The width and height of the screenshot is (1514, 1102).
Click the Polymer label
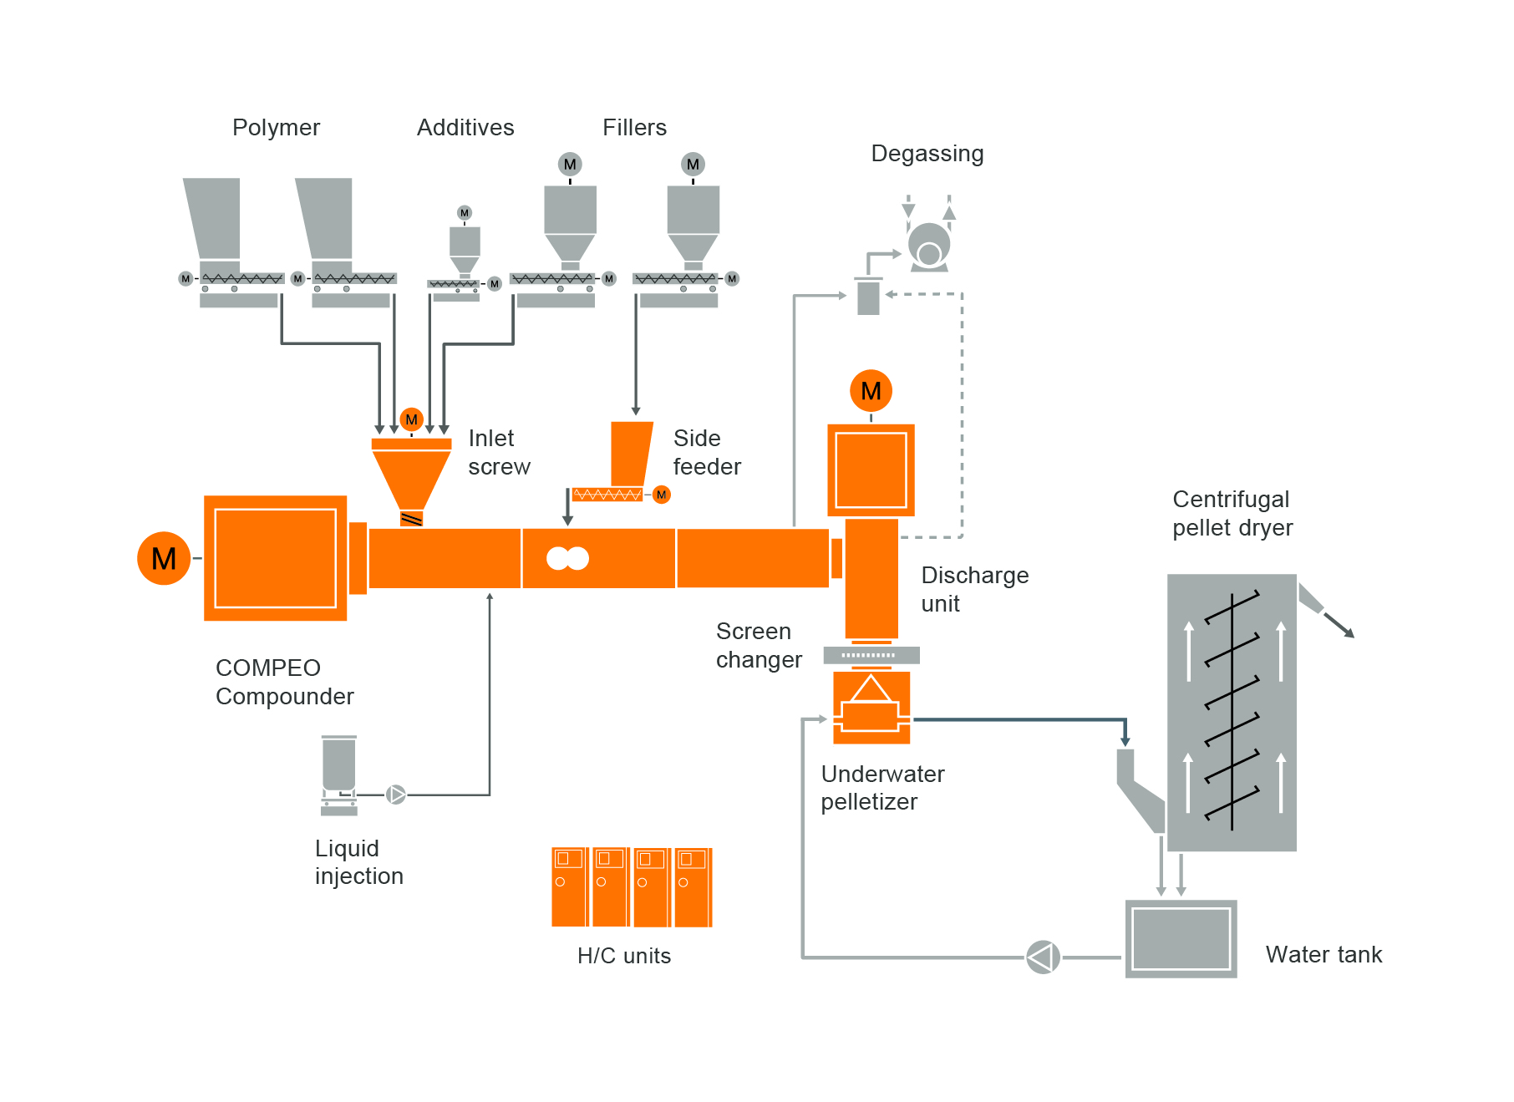(x=276, y=128)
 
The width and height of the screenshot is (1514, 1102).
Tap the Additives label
(x=465, y=128)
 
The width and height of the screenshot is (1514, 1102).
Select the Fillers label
(x=634, y=128)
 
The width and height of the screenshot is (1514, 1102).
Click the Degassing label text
(x=927, y=154)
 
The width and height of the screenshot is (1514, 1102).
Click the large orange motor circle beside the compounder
(x=164, y=558)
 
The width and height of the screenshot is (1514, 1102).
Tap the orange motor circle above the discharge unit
(x=871, y=391)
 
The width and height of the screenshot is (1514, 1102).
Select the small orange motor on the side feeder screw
(x=661, y=495)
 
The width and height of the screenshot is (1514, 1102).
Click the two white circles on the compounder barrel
(x=567, y=558)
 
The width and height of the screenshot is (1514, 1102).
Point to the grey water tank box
(x=1181, y=938)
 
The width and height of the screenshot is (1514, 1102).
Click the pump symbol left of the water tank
(x=1043, y=957)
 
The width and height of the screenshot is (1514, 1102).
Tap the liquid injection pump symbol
(x=396, y=795)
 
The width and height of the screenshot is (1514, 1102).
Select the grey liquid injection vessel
(x=339, y=764)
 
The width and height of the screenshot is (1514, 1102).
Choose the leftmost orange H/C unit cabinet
(x=569, y=887)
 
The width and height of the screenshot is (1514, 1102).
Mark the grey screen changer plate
(x=871, y=655)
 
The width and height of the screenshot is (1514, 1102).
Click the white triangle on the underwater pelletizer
(x=871, y=688)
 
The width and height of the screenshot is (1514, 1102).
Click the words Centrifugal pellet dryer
(x=1232, y=514)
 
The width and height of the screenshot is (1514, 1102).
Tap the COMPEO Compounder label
(x=284, y=682)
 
